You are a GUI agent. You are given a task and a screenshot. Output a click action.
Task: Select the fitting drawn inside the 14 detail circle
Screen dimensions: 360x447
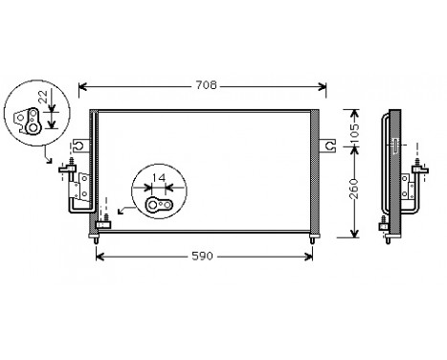click(x=158, y=203)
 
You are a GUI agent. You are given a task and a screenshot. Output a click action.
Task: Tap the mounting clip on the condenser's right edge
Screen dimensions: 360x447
click(x=328, y=146)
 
